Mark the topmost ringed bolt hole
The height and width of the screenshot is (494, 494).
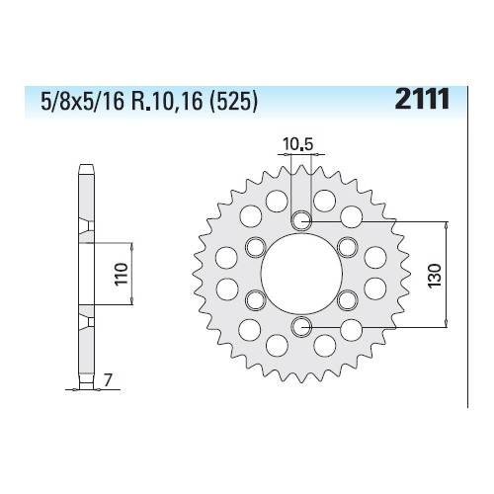point(301,219)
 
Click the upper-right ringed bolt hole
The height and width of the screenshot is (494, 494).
point(347,246)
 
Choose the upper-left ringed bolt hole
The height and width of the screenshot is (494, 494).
point(256,246)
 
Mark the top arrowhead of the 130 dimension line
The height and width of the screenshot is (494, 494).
point(449,224)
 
